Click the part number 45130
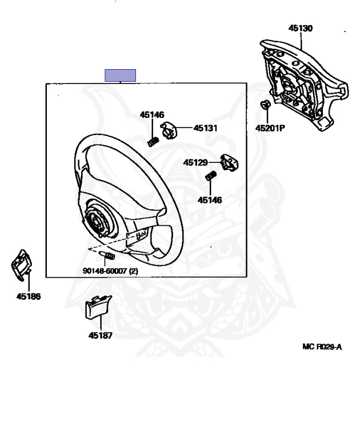300,27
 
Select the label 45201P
270,128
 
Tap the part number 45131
205,128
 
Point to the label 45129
195,163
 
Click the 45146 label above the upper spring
152,115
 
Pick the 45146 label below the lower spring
210,200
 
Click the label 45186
29,297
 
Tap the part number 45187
100,336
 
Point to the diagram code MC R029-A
322,346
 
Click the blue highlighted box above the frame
120,75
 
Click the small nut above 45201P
265,105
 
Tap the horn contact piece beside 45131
170,130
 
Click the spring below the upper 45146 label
153,141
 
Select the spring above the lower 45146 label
210,176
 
